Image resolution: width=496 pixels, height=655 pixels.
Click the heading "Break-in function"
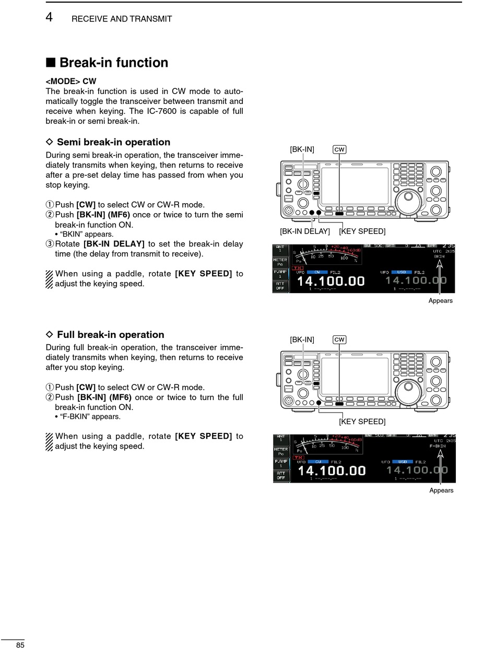[x=113, y=63]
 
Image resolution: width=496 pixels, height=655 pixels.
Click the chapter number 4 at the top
[x=49, y=17]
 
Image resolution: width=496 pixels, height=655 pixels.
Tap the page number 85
[x=20, y=645]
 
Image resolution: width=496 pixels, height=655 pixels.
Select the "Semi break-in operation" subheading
[x=113, y=142]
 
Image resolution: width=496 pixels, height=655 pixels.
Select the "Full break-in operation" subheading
[x=110, y=335]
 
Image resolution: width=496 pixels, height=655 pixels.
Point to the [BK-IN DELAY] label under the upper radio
[x=305, y=231]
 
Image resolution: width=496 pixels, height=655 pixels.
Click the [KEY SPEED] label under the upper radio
[x=362, y=231]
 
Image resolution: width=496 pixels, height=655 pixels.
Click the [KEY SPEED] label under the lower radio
[x=362, y=421]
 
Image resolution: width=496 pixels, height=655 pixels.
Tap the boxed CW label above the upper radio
[x=339, y=149]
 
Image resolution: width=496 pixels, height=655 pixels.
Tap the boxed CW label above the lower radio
[x=339, y=340]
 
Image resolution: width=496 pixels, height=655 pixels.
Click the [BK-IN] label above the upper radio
[x=302, y=149]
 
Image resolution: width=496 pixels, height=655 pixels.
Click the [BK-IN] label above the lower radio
[x=302, y=340]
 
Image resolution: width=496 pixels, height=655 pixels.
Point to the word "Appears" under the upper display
[x=440, y=300]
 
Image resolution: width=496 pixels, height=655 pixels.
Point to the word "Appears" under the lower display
[x=441, y=490]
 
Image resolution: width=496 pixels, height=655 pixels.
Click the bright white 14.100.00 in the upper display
[x=330, y=280]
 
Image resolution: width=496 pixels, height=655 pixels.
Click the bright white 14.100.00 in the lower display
[x=331, y=470]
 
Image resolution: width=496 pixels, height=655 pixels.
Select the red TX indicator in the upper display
[x=298, y=267]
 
